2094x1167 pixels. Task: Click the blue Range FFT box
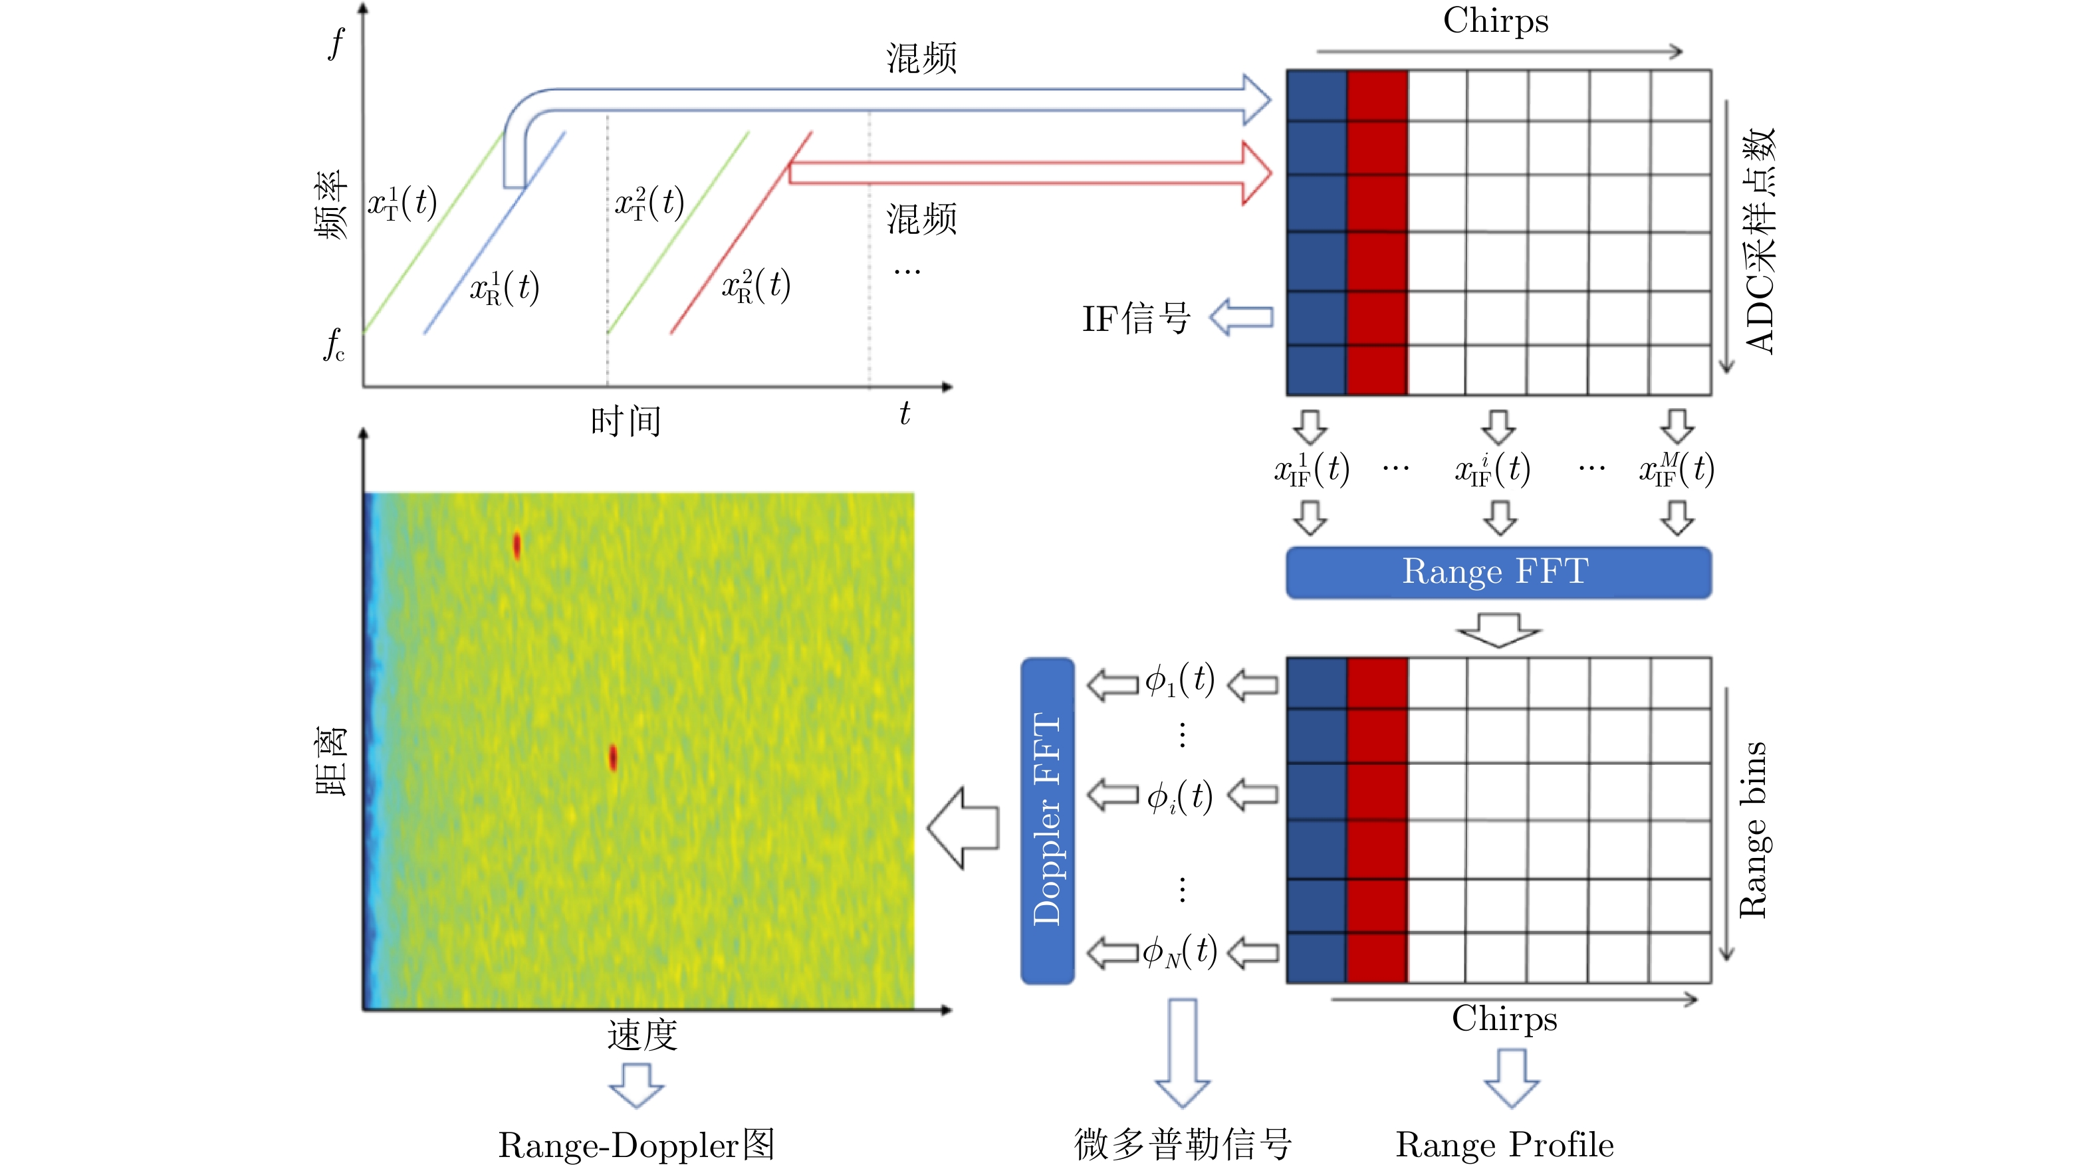1498,572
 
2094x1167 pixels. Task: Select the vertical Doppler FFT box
1047,820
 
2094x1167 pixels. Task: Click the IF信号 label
1135,318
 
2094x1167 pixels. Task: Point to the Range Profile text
1504,1144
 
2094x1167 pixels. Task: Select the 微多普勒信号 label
1183,1144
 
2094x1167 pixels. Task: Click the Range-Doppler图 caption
636,1145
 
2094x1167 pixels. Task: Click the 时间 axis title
626,421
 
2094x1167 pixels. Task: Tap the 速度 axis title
642,1035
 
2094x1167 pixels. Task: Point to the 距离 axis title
332,761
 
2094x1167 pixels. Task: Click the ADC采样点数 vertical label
1760,241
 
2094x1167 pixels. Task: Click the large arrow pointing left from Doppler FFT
963,828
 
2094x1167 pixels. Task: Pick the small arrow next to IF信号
1241,318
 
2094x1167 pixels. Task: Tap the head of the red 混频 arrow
1256,172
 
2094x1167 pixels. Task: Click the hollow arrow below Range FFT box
1499,631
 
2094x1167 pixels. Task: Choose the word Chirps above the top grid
1496,21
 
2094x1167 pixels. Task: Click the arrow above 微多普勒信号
1183,1054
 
